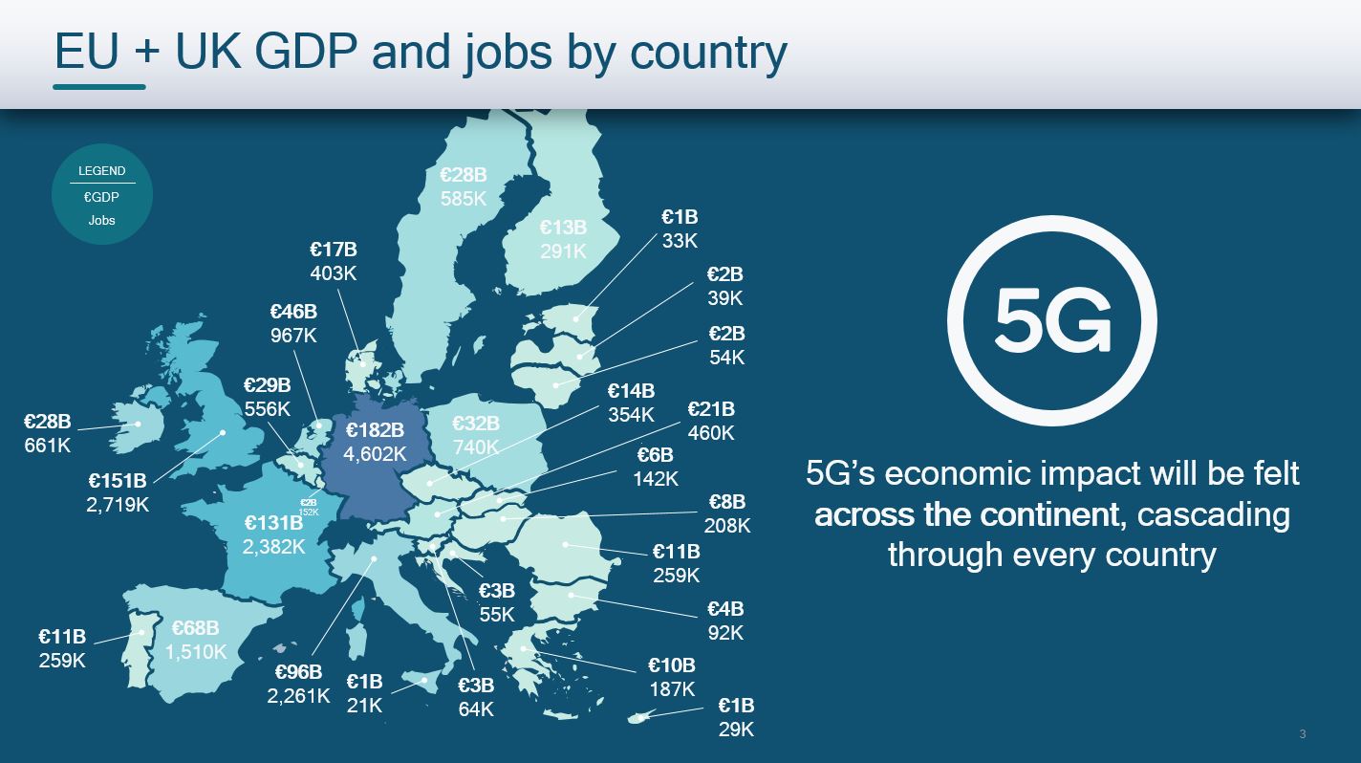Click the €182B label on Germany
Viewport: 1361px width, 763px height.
(375, 430)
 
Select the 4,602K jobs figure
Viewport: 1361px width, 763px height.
(375, 454)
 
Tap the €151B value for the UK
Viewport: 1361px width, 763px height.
(118, 481)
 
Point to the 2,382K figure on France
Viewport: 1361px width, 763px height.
(273, 547)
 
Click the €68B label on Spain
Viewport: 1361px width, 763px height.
(195, 628)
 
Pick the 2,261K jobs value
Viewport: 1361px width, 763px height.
(298, 696)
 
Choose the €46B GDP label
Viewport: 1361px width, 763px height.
(293, 312)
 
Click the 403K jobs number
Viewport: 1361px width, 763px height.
(333, 273)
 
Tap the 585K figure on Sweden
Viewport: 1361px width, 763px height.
(464, 199)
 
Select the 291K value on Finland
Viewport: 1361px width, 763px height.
(563, 251)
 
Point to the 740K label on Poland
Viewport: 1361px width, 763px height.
(476, 447)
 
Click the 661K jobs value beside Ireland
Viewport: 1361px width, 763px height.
(48, 446)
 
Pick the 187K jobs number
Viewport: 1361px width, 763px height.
(672, 689)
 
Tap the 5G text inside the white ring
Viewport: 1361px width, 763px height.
(1051, 320)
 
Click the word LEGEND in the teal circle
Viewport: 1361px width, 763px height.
(101, 171)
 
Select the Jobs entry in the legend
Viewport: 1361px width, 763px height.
(101, 220)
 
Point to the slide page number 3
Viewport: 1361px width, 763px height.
(1303, 734)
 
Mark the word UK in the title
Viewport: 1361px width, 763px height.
(209, 52)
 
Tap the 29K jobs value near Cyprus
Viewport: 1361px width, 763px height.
(736, 730)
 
